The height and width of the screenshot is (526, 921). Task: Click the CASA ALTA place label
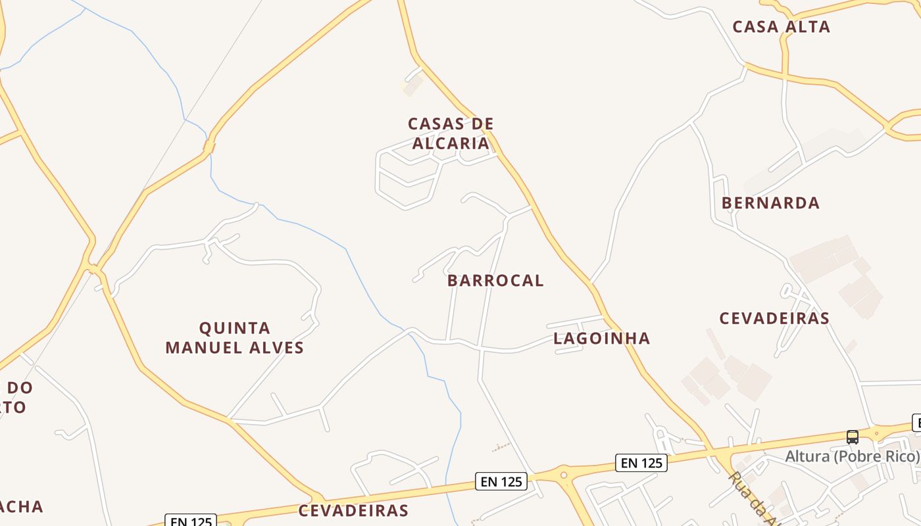click(781, 27)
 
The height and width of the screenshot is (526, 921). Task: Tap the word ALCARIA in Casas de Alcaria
click(451, 143)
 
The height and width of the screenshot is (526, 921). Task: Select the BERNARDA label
click(770, 203)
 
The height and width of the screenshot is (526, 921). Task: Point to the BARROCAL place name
click(495, 281)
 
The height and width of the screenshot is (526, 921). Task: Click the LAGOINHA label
click(601, 339)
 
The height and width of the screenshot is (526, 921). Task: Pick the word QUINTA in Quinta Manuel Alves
click(235, 328)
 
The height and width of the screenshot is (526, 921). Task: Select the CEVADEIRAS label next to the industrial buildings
click(774, 318)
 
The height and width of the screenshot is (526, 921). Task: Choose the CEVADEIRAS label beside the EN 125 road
click(353, 511)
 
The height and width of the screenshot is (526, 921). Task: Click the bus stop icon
click(852, 437)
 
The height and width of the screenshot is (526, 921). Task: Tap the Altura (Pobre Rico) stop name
click(853, 456)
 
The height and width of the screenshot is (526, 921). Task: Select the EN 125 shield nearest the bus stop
click(641, 463)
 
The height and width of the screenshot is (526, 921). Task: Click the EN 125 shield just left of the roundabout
click(501, 482)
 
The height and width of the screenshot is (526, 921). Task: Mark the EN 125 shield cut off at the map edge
click(190, 521)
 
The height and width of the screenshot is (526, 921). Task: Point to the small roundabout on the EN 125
click(563, 474)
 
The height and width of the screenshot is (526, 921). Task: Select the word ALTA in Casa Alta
click(808, 27)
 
